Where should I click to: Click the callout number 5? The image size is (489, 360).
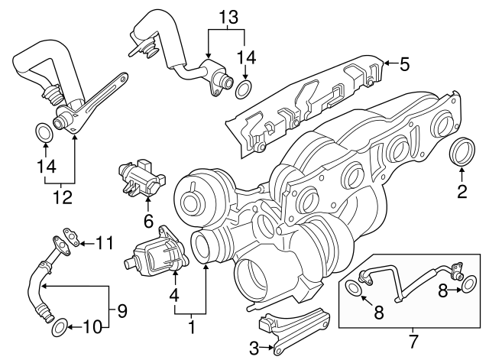pyautogui.click(x=404, y=64)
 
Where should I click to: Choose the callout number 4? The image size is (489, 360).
pyautogui.click(x=175, y=293)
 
